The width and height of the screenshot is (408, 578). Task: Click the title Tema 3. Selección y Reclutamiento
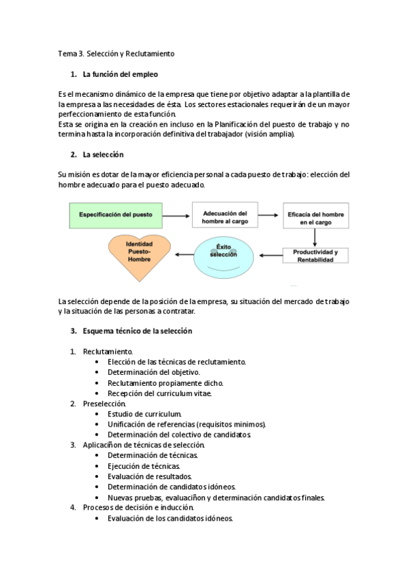click(116, 53)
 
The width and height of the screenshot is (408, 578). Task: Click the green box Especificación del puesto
click(116, 215)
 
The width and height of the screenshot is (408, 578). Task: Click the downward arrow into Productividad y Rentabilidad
click(315, 237)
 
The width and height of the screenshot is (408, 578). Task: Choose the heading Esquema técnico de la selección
click(137, 331)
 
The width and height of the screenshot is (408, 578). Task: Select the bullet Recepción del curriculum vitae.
click(159, 393)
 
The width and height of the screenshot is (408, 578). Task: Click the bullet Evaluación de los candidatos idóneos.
click(170, 518)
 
